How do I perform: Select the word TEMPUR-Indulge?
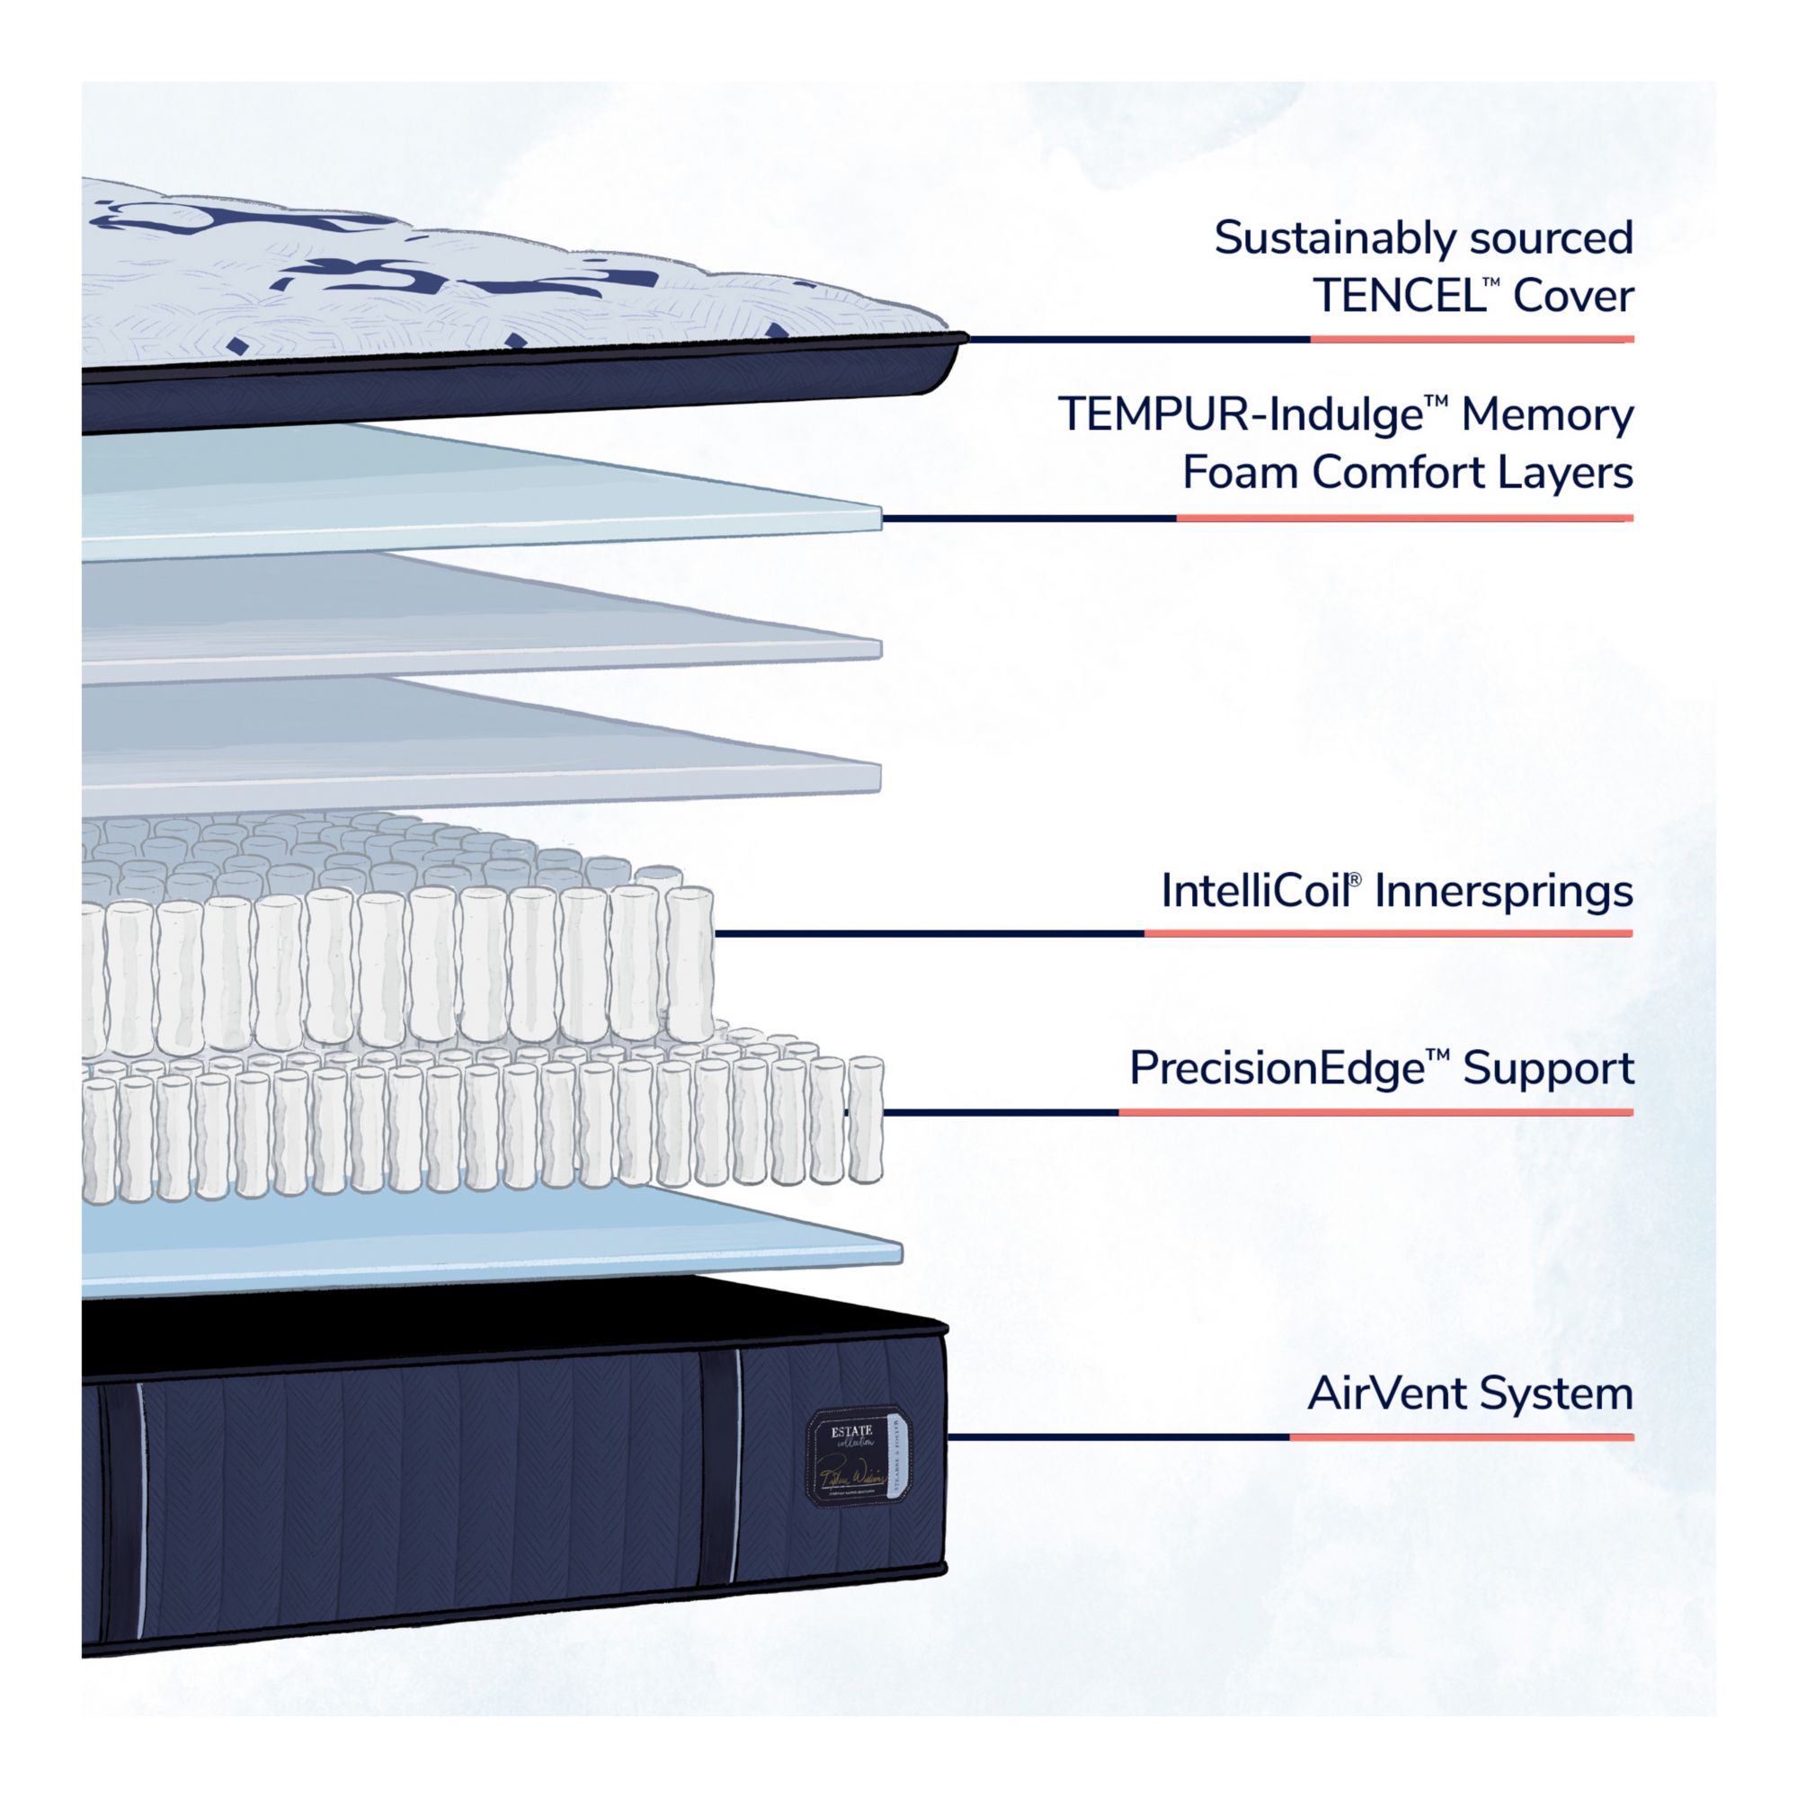1238,415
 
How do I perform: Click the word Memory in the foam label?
1546,415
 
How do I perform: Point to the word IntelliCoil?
1257,892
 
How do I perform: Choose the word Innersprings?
1503,892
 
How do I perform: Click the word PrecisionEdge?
1277,1069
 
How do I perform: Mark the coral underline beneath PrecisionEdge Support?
1375,1112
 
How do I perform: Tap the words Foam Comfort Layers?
1407,474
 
